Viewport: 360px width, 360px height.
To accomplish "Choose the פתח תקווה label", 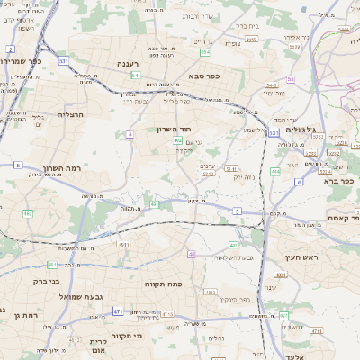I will click(x=164, y=283).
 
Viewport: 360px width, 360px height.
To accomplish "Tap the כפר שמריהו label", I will click(x=22, y=60).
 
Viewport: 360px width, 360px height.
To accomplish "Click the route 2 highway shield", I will click(x=10, y=49).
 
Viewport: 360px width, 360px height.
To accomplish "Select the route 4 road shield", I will click(x=130, y=133).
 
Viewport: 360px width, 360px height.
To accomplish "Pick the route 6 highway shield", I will click(x=299, y=182).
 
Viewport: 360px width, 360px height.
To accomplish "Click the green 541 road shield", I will click(x=135, y=76).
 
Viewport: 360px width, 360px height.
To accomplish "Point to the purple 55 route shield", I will click(x=291, y=80).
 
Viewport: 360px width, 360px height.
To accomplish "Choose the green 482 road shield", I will click(x=28, y=213).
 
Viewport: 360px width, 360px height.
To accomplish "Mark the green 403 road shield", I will click(x=233, y=245).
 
